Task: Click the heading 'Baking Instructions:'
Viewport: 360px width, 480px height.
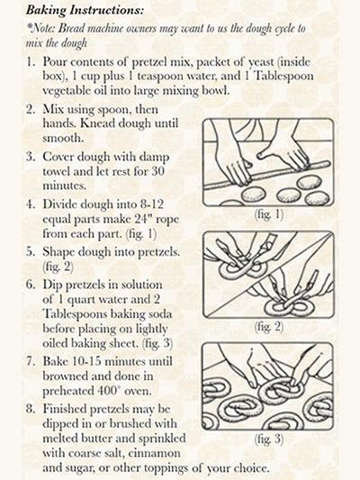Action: click(x=85, y=10)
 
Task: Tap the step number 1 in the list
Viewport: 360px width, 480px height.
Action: click(x=30, y=62)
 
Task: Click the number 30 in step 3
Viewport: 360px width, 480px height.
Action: click(x=157, y=171)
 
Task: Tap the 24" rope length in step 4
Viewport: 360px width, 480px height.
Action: click(x=141, y=219)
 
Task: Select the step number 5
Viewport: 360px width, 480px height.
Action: click(x=30, y=251)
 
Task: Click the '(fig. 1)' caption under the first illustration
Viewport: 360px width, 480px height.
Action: click(x=269, y=214)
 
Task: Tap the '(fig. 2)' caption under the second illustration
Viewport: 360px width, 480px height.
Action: click(x=269, y=327)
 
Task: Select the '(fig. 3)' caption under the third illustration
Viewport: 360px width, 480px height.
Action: click(x=269, y=439)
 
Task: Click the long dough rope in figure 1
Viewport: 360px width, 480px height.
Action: click(x=267, y=176)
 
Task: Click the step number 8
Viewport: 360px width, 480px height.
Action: click(x=30, y=409)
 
